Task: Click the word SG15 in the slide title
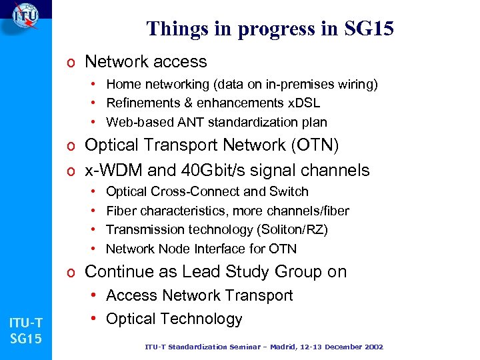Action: pos(370,29)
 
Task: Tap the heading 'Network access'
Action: pos(146,62)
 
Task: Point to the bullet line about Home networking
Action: pos(242,84)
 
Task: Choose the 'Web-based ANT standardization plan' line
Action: pos(216,122)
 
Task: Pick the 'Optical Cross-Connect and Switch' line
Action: pos(207,192)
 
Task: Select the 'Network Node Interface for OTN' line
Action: pos(201,249)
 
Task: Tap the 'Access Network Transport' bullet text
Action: pos(199,295)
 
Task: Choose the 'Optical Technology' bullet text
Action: pos(174,319)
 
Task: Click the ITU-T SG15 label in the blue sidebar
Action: pos(25,331)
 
